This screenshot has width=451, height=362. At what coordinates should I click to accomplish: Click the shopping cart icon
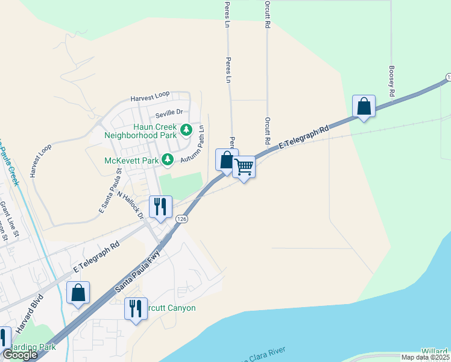pyautogui.click(x=244, y=167)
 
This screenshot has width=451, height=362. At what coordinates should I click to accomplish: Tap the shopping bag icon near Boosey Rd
pyautogui.click(x=364, y=106)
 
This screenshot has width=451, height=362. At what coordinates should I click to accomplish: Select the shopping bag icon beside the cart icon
pyautogui.click(x=227, y=160)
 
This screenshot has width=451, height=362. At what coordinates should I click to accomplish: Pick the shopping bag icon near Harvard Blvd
pyautogui.click(x=78, y=293)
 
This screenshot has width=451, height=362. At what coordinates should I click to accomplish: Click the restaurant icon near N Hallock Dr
pyautogui.click(x=161, y=206)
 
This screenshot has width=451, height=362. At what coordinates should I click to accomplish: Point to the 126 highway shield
pyautogui.click(x=181, y=220)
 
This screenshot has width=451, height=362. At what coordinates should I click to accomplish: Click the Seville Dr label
pyautogui.click(x=168, y=112)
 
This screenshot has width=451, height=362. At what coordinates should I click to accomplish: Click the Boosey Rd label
pyautogui.click(x=392, y=82)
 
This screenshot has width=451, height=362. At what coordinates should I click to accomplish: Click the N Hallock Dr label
pyautogui.click(x=131, y=206)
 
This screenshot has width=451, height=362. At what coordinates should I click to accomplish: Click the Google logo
pyautogui.click(x=20, y=355)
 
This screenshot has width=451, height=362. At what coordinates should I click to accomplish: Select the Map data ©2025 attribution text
pyautogui.click(x=425, y=357)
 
